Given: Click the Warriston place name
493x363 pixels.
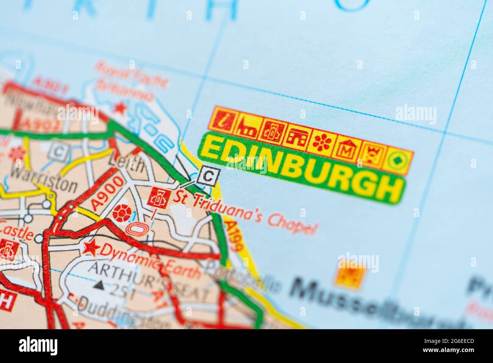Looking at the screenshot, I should pyautogui.click(x=44, y=179).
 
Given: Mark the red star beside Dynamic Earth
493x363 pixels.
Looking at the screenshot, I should pyautogui.click(x=90, y=248).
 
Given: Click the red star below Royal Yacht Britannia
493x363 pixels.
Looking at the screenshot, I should pyautogui.click(x=121, y=108).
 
